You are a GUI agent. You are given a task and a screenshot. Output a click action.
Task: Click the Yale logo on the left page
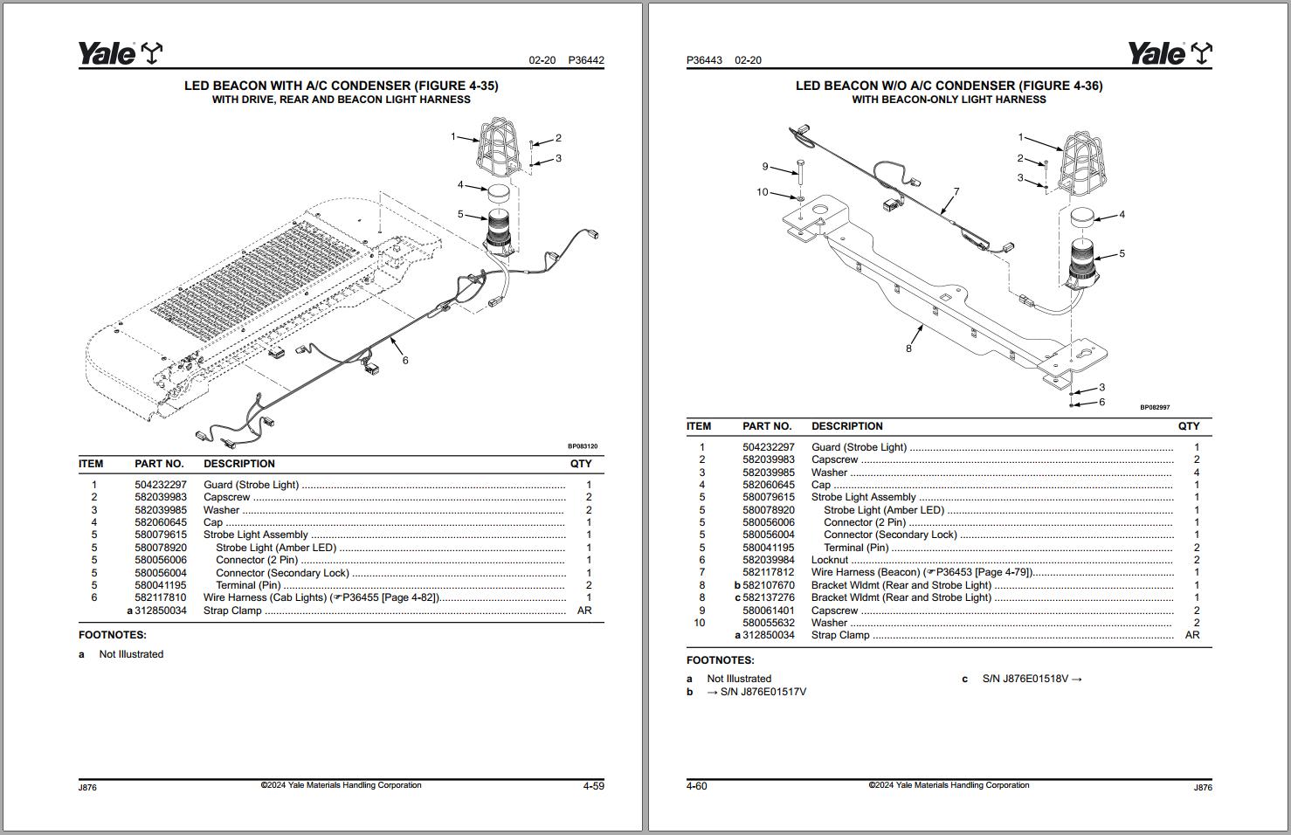click(x=120, y=54)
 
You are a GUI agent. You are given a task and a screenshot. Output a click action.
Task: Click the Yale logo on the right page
click(x=1170, y=54)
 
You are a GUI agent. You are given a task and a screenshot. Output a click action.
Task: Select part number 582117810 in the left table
click(x=161, y=597)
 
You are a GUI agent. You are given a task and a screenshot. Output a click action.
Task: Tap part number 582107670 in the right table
click(x=769, y=585)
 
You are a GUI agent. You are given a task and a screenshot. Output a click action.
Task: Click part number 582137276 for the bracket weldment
click(x=769, y=597)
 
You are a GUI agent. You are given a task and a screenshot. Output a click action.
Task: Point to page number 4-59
click(x=593, y=786)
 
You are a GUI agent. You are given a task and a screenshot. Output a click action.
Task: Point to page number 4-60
click(x=697, y=786)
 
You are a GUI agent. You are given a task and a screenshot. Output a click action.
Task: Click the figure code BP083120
click(x=583, y=446)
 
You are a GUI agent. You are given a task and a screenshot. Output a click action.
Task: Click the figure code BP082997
click(x=1155, y=407)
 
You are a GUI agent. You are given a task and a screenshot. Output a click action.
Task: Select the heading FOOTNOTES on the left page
click(x=113, y=635)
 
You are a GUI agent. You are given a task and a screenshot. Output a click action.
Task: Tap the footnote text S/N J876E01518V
click(x=1032, y=679)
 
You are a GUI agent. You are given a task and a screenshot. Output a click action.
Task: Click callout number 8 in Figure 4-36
click(x=908, y=348)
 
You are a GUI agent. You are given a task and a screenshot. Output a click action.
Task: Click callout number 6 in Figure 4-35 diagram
click(x=405, y=360)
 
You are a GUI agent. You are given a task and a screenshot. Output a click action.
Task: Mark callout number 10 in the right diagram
click(x=763, y=192)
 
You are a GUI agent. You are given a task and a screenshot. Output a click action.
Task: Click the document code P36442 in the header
click(x=586, y=60)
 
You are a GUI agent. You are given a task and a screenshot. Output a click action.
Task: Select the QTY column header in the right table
click(x=1189, y=426)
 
